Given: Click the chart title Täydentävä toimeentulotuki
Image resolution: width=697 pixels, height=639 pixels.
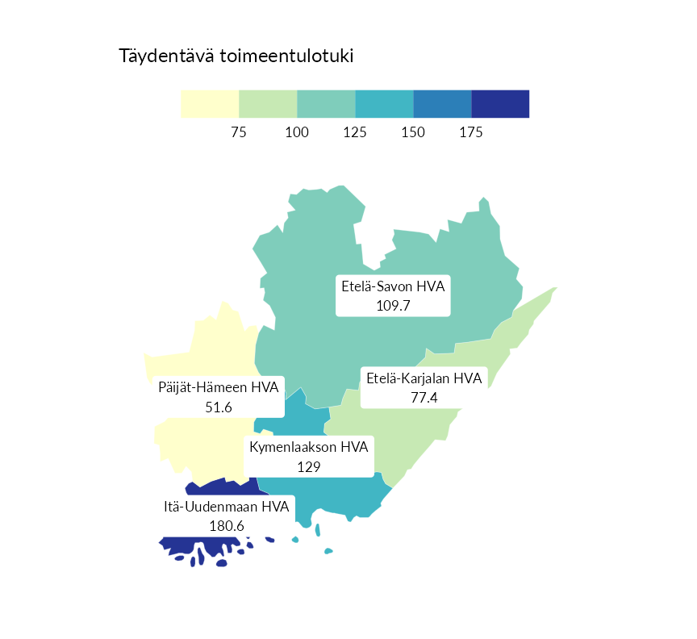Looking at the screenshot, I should click(236, 56).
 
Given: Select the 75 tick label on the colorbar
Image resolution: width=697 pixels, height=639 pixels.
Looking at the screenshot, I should click(239, 132).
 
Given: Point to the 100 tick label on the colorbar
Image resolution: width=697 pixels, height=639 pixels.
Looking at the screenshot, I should click(297, 132).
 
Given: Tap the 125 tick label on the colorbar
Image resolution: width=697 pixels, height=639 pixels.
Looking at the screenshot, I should click(355, 132).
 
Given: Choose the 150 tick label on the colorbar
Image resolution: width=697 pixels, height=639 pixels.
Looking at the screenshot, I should click(413, 132).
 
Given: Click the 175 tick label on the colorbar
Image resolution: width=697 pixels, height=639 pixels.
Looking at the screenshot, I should click(471, 132).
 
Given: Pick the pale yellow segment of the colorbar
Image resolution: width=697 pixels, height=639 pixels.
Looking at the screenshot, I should click(210, 104).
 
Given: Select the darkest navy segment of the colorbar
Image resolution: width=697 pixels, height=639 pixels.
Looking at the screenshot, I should click(500, 104).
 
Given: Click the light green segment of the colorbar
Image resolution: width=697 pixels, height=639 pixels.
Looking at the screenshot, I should click(268, 104).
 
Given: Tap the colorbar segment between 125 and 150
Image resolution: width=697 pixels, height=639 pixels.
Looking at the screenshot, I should click(384, 104).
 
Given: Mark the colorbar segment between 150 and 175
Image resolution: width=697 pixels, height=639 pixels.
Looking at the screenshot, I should click(442, 104).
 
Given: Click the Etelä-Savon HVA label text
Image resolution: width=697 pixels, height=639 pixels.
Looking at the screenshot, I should click(393, 286).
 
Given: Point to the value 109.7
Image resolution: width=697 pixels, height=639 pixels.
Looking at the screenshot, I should click(393, 306).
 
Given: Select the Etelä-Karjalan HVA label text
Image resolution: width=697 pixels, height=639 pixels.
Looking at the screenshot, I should click(424, 378).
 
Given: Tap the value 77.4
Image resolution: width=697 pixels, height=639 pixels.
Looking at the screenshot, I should click(424, 398).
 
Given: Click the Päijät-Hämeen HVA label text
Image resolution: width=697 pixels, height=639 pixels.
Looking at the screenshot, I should click(219, 388).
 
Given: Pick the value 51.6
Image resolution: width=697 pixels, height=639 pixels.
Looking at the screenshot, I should click(219, 407).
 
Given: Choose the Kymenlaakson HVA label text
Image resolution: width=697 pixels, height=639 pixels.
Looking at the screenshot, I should click(309, 447).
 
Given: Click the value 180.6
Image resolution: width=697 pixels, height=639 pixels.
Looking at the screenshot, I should click(227, 526).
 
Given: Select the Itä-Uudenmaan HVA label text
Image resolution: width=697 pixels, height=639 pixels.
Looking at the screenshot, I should click(227, 507).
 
